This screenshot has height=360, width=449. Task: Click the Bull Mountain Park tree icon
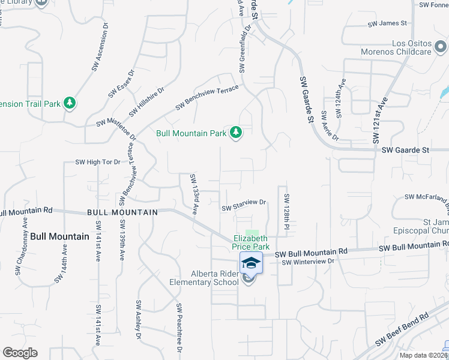[236, 133]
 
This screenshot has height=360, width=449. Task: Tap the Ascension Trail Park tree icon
[70, 103]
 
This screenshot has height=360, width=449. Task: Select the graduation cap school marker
[252, 262]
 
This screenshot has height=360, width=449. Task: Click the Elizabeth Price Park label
[251, 242]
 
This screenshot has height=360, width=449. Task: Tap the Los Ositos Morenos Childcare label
[396, 47]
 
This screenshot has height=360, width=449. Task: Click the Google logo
[20, 353]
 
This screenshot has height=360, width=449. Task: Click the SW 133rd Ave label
[194, 194]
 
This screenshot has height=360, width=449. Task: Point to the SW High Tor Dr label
[98, 162]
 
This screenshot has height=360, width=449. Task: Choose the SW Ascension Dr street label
[100, 47]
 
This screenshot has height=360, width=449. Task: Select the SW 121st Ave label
[380, 119]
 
